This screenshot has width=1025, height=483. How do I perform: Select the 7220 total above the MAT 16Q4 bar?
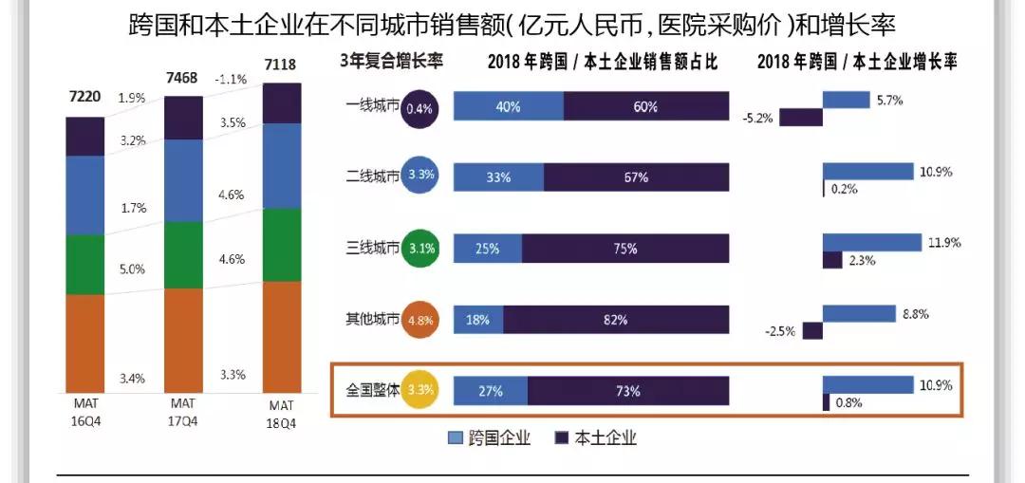click(x=85, y=96)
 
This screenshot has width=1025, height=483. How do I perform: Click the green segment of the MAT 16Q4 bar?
click(x=85, y=264)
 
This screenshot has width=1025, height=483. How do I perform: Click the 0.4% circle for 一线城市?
click(x=419, y=108)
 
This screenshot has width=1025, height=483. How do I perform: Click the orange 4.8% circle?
click(x=419, y=320)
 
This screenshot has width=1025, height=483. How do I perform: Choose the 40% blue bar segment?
click(x=508, y=106)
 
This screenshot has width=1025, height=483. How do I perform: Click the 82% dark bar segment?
click(x=616, y=320)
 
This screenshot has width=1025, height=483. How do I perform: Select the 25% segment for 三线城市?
click(x=487, y=249)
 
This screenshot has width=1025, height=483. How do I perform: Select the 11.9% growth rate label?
click(x=944, y=242)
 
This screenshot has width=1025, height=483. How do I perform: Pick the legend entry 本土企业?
click(x=595, y=437)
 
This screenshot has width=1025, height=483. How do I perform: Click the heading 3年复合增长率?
click(x=391, y=62)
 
